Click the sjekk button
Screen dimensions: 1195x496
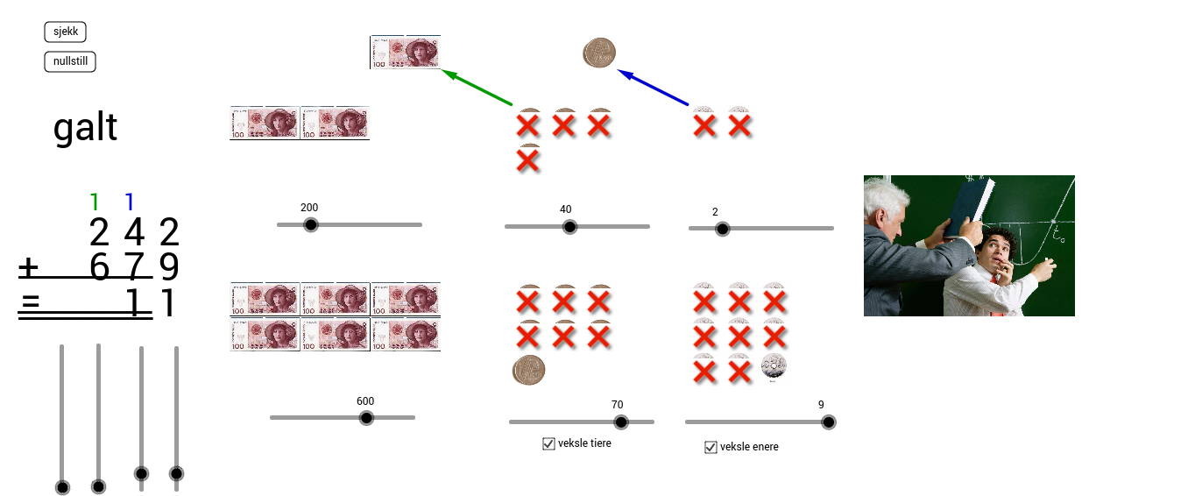pos(65,32)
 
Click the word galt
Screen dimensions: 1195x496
pos(85,128)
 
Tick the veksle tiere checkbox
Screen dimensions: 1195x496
pos(548,443)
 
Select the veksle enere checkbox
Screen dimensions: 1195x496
pos(711,447)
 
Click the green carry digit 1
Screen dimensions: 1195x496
pos(95,202)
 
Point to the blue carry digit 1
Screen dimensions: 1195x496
pos(129,202)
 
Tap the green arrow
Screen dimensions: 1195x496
pos(477,88)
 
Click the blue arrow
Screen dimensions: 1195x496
pos(653,88)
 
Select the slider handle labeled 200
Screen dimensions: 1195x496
pos(310,225)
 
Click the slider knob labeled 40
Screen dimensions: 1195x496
pos(569,227)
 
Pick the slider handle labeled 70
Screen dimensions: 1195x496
pos(621,422)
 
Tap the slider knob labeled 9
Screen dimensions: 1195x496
pos(829,422)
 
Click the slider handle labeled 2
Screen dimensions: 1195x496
pos(722,230)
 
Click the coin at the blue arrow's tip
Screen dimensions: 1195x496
pos(599,53)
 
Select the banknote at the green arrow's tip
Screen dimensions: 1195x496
pos(406,53)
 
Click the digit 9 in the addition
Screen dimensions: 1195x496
pos(169,266)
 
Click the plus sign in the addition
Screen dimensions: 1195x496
pos(28,268)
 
